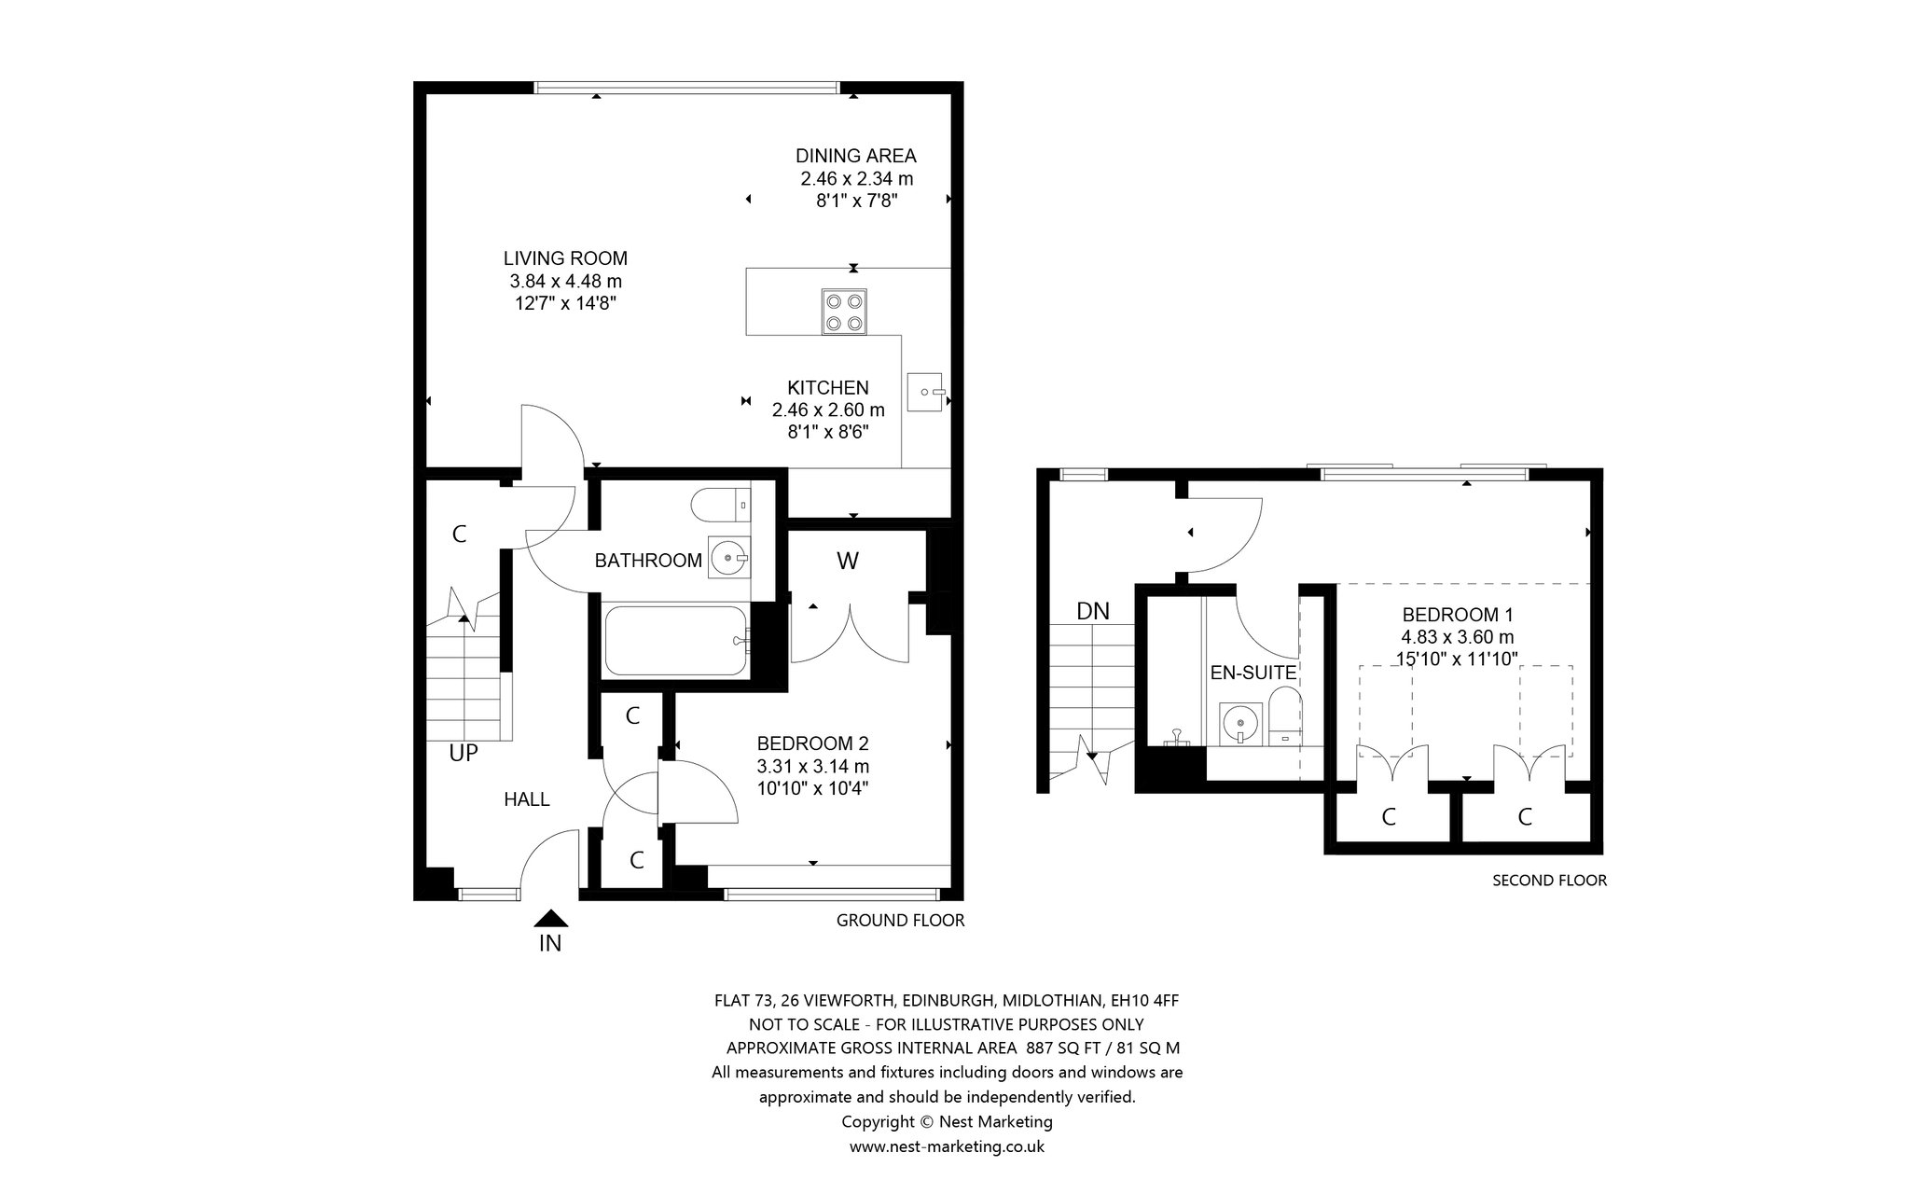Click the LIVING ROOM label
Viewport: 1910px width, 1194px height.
coord(565,258)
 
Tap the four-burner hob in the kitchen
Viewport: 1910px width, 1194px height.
coord(843,312)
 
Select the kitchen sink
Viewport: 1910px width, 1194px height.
coord(926,392)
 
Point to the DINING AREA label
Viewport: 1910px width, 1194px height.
coord(855,156)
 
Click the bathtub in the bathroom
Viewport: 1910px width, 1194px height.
coord(676,641)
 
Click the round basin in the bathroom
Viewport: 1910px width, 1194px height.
coord(728,559)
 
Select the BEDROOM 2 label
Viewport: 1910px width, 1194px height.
coord(812,743)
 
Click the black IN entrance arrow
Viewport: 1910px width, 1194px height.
coord(551,919)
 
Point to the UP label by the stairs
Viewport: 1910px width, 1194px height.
coord(464,753)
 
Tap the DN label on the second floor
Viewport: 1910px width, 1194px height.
coord(1093,612)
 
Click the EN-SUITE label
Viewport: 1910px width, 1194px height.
coord(1253,673)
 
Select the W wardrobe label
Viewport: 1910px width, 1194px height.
coord(847,561)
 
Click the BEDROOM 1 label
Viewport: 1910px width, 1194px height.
coord(1458,615)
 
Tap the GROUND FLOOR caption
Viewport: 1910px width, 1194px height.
coord(900,921)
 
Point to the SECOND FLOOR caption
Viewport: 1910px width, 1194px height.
coord(1550,880)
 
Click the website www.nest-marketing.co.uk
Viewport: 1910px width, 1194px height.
coord(947,1146)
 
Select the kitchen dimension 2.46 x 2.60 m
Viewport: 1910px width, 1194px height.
coord(828,410)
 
